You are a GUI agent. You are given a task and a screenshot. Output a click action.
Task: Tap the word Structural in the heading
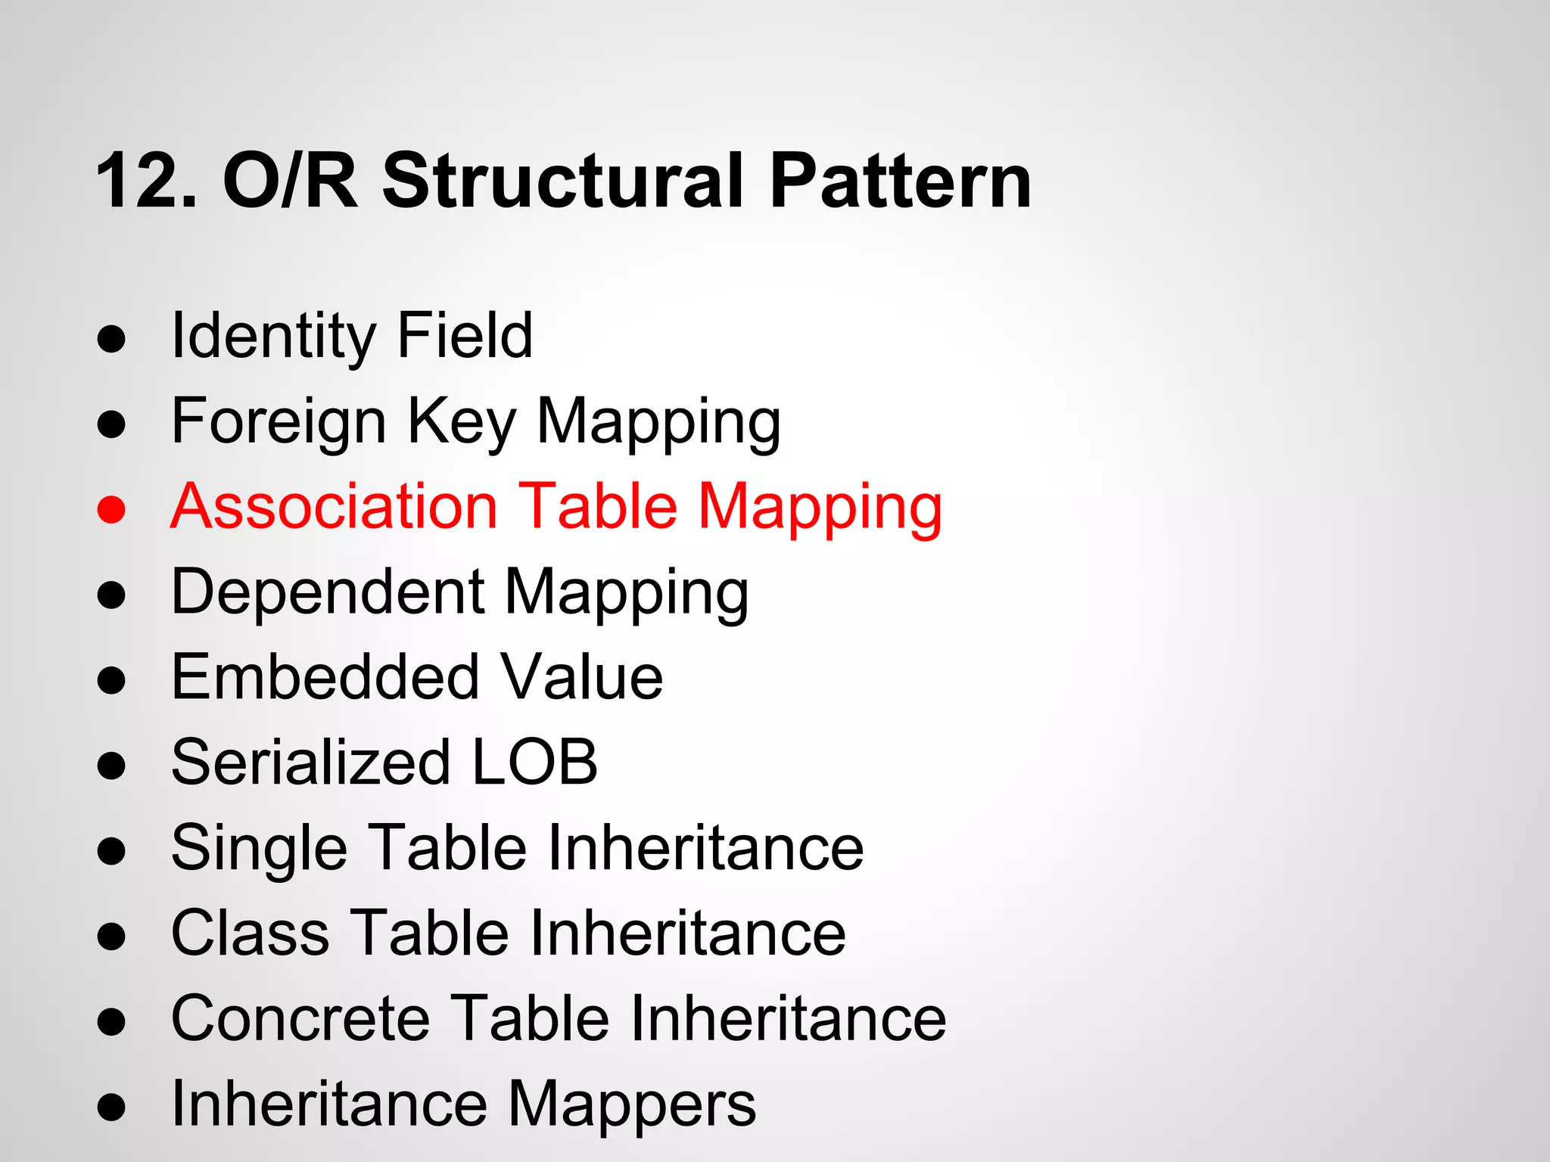click(x=563, y=182)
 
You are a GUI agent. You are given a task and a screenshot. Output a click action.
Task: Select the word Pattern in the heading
click(x=900, y=182)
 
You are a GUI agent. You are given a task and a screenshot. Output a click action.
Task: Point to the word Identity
click(x=272, y=337)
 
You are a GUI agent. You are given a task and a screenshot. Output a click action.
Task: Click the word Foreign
click(x=279, y=421)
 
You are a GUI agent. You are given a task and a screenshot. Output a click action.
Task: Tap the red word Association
click(x=334, y=506)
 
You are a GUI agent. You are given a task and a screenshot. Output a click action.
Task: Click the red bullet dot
click(x=111, y=509)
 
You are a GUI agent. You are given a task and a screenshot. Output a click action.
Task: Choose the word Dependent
click(x=328, y=592)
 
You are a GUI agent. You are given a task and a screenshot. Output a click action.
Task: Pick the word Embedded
click(x=325, y=677)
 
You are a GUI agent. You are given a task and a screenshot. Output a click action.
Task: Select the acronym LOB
click(x=534, y=763)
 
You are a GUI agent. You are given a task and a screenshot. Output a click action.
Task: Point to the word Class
click(x=251, y=933)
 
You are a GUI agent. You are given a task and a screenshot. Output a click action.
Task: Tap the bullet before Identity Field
click(x=111, y=340)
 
